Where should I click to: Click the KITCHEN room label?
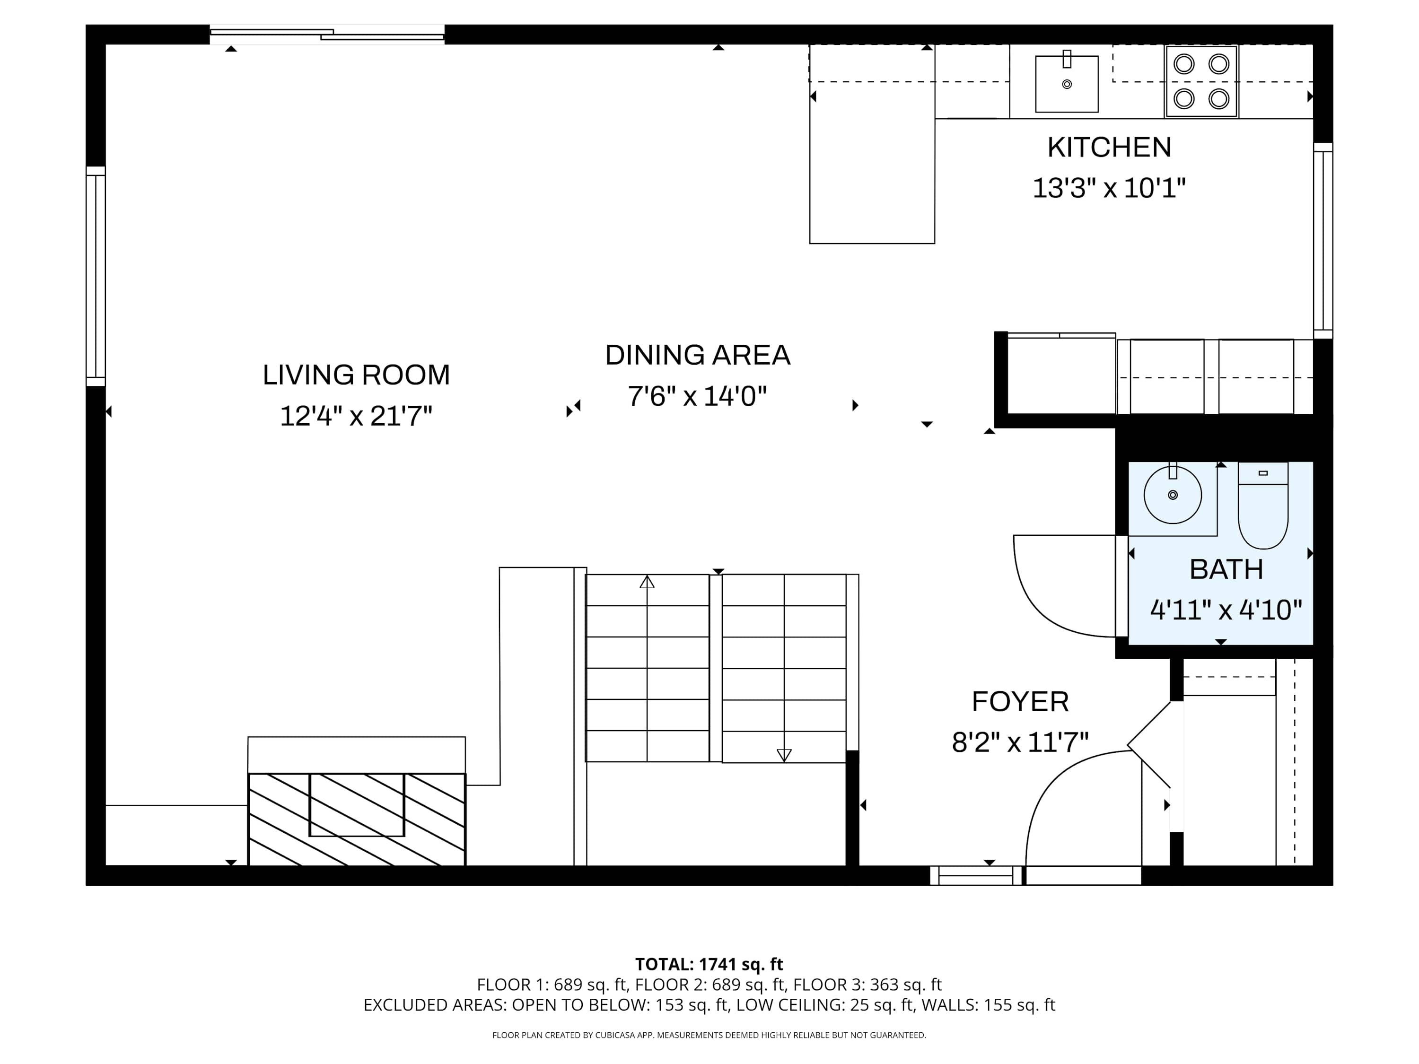point(1109,148)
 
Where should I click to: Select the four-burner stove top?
point(1201,81)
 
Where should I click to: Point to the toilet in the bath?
point(1263,506)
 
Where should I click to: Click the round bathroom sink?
point(1173,495)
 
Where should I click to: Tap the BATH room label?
point(1226,569)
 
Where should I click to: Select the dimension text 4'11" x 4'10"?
point(1226,610)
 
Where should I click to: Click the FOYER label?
point(1020,702)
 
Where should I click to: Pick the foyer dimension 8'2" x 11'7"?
point(1020,743)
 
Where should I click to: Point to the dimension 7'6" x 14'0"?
point(697,396)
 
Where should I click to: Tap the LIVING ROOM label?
point(356,375)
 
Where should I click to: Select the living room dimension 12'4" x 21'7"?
point(356,416)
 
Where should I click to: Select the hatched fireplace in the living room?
point(357,819)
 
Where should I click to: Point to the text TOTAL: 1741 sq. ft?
point(709,964)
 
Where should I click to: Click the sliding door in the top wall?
point(327,35)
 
